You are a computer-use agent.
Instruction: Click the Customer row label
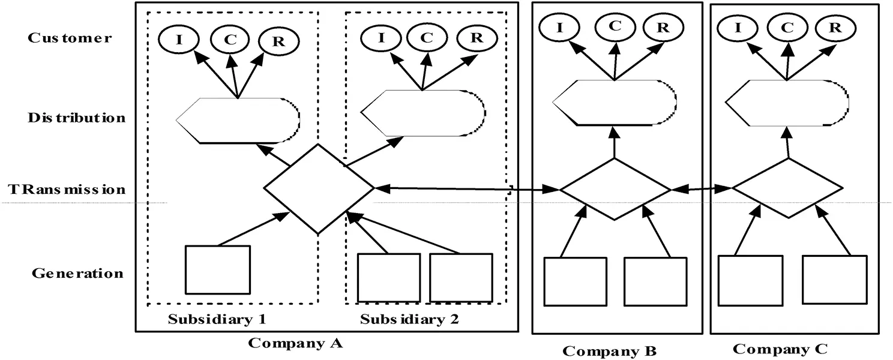[x=70, y=38]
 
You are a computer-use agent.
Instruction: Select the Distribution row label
[x=77, y=117]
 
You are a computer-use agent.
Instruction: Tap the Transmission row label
[x=67, y=189]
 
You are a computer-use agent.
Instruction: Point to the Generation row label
[x=77, y=274]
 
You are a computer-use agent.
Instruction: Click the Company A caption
[x=295, y=344]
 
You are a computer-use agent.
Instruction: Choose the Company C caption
[x=781, y=349]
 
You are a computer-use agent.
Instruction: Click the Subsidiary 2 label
[x=409, y=319]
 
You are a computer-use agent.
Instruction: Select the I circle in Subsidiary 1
[x=178, y=40]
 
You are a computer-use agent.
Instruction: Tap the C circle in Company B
[x=615, y=26]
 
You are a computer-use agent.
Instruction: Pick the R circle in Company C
[x=834, y=26]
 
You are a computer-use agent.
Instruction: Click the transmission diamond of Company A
[x=319, y=188]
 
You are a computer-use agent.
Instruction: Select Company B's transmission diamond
[x=615, y=189]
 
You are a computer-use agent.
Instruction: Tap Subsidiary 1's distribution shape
[x=238, y=120]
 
